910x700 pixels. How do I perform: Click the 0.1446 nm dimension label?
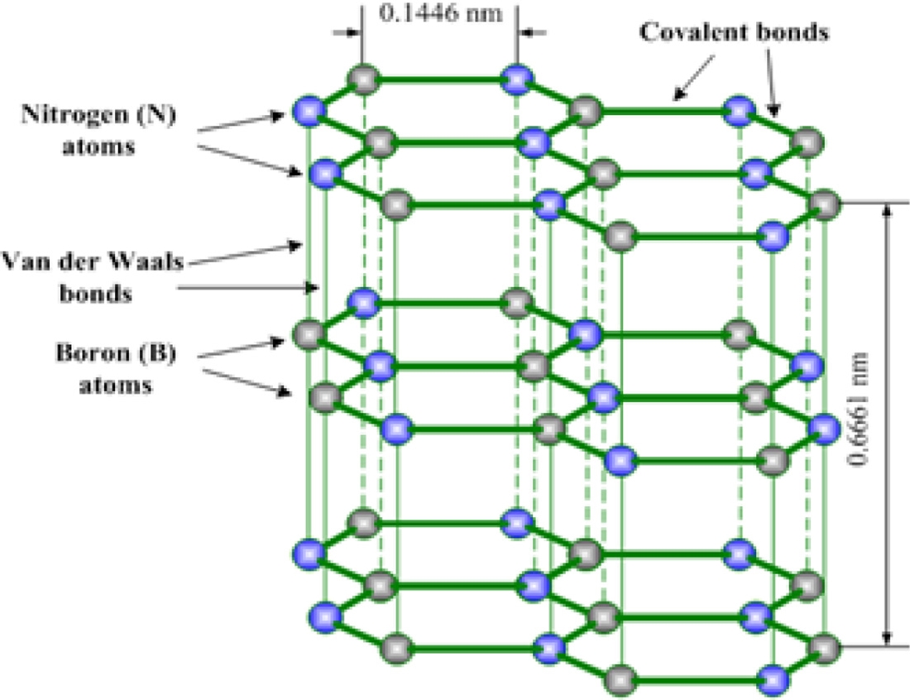(439, 14)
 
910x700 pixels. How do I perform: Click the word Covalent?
(677, 33)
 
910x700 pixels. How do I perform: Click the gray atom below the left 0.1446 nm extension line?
(362, 79)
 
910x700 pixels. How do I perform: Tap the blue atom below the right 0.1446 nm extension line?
(515, 79)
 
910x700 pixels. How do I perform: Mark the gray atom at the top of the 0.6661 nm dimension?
(824, 202)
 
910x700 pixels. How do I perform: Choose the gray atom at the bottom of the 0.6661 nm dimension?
(824, 646)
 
